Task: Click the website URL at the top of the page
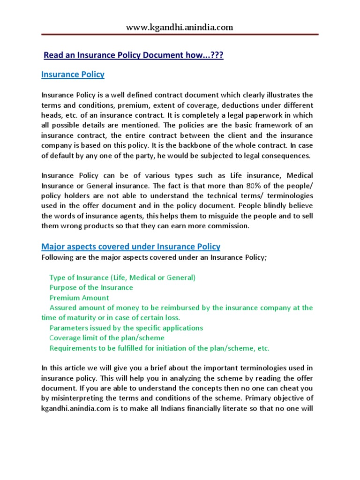pyautogui.click(x=180, y=28)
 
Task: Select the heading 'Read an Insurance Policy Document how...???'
pyautogui.click(x=134, y=55)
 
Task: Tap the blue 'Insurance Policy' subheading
pyautogui.click(x=73, y=75)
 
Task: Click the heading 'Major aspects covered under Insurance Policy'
pyautogui.click(x=131, y=247)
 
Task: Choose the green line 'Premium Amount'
pyautogui.click(x=79, y=298)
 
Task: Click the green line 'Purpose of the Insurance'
pyautogui.click(x=91, y=287)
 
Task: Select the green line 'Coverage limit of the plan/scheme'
pyautogui.click(x=107, y=338)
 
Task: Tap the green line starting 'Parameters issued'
pyautogui.click(x=126, y=328)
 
